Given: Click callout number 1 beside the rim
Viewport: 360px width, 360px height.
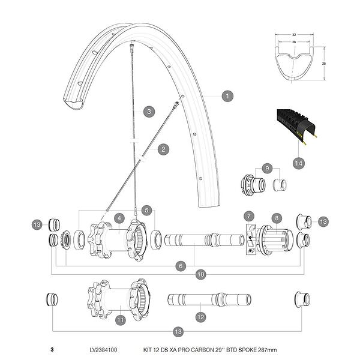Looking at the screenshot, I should tap(227, 95).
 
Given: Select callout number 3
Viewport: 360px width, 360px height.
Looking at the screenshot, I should tap(149, 110).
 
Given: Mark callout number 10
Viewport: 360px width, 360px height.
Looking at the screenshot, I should tap(201, 275).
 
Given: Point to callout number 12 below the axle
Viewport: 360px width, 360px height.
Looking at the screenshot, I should tap(200, 316).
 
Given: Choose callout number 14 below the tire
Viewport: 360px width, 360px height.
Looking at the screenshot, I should tap(298, 163).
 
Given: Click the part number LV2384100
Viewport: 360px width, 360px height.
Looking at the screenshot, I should tap(103, 350).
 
